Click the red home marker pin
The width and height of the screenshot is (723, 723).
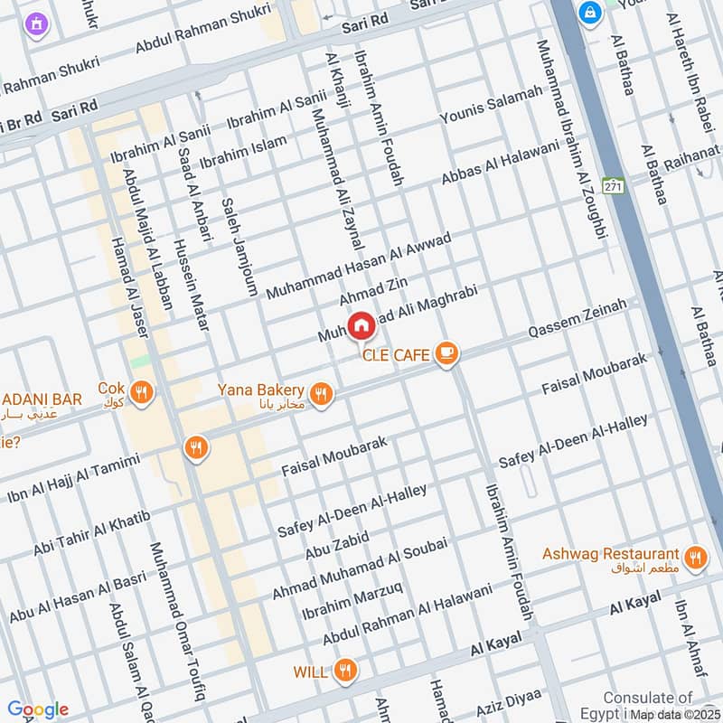tap(361, 325)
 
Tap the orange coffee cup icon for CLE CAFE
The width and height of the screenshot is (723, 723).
tap(446, 354)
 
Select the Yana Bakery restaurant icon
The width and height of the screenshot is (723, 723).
tap(320, 393)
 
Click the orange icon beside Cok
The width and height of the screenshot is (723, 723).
tap(140, 392)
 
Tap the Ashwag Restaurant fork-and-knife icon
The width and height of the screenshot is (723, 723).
tap(694, 557)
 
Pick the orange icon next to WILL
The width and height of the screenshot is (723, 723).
tap(343, 671)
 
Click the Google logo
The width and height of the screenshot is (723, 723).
tap(38, 709)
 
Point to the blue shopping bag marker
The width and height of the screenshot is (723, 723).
tap(590, 14)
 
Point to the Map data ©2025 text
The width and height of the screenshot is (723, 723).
tap(675, 715)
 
